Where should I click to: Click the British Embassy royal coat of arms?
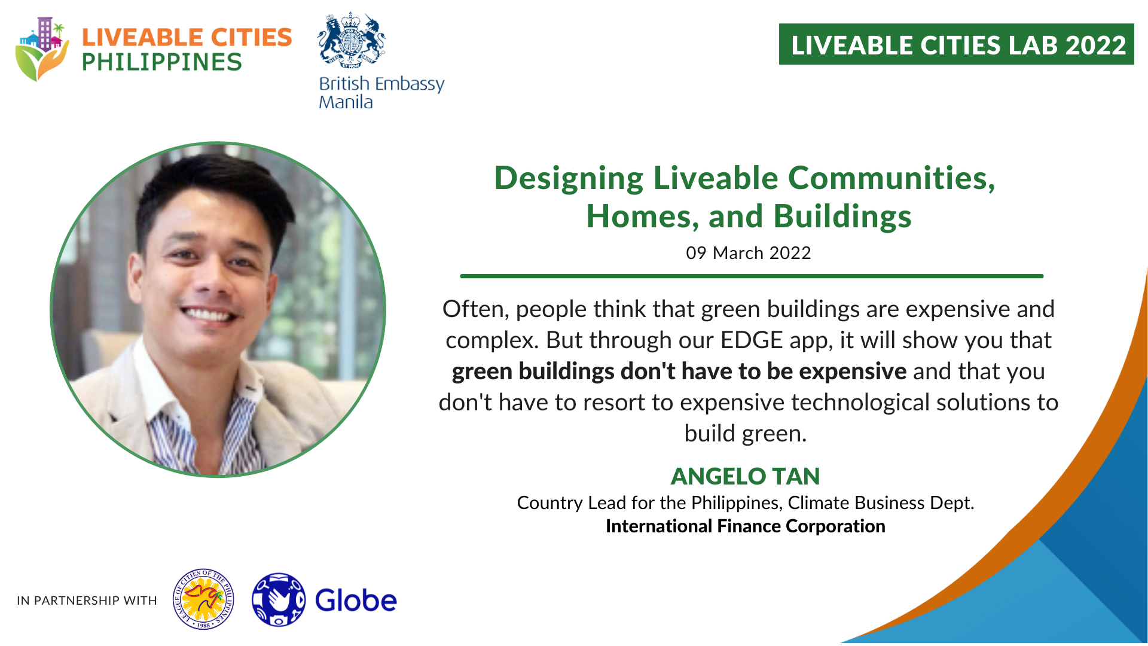click(352, 40)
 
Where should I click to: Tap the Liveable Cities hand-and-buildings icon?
click(42, 49)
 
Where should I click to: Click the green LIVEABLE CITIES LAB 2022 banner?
click(956, 44)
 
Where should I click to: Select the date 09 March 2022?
click(748, 253)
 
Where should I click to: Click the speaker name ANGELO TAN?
click(745, 476)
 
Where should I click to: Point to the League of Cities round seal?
click(203, 599)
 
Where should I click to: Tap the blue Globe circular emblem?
click(279, 599)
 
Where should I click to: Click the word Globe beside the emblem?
click(356, 601)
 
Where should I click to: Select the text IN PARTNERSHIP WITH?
click(87, 601)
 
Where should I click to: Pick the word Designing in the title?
click(569, 179)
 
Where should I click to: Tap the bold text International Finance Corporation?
click(745, 526)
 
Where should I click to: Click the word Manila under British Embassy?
click(346, 102)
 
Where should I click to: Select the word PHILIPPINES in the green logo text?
click(161, 62)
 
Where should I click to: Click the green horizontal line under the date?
click(752, 276)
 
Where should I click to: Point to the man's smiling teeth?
click(206, 313)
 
